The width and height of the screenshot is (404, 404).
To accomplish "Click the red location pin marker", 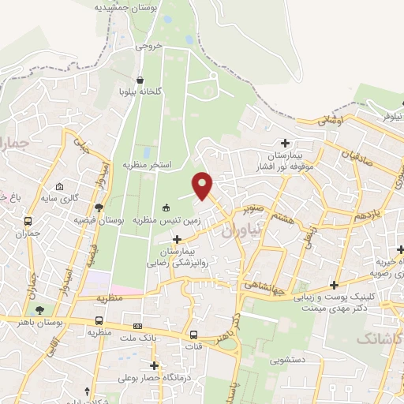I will click(204, 185).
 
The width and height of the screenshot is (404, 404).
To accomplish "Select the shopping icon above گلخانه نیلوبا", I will click(140, 80).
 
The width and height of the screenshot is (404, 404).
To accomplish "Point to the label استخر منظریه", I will click(147, 164).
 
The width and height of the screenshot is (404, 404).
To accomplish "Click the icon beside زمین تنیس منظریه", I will click(166, 208).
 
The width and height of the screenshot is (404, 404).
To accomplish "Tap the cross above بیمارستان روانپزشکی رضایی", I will click(177, 239).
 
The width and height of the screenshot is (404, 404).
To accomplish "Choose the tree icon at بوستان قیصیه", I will click(98, 208).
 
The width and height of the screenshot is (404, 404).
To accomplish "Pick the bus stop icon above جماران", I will click(28, 222).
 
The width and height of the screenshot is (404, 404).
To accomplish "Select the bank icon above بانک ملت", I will click(138, 326).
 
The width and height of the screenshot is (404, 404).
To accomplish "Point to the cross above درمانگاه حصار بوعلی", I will click(154, 365).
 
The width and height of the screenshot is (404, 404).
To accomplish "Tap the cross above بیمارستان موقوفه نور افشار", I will click(285, 142).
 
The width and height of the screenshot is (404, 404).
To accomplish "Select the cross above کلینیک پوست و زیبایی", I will click(335, 285).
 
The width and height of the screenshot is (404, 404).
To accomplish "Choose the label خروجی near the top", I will click(148, 46).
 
